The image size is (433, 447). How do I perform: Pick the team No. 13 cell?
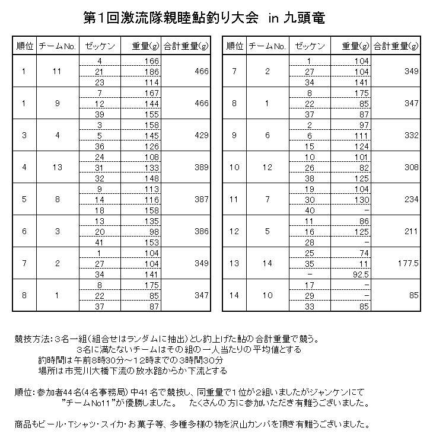(57, 167)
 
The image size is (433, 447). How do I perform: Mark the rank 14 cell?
(234, 295)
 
